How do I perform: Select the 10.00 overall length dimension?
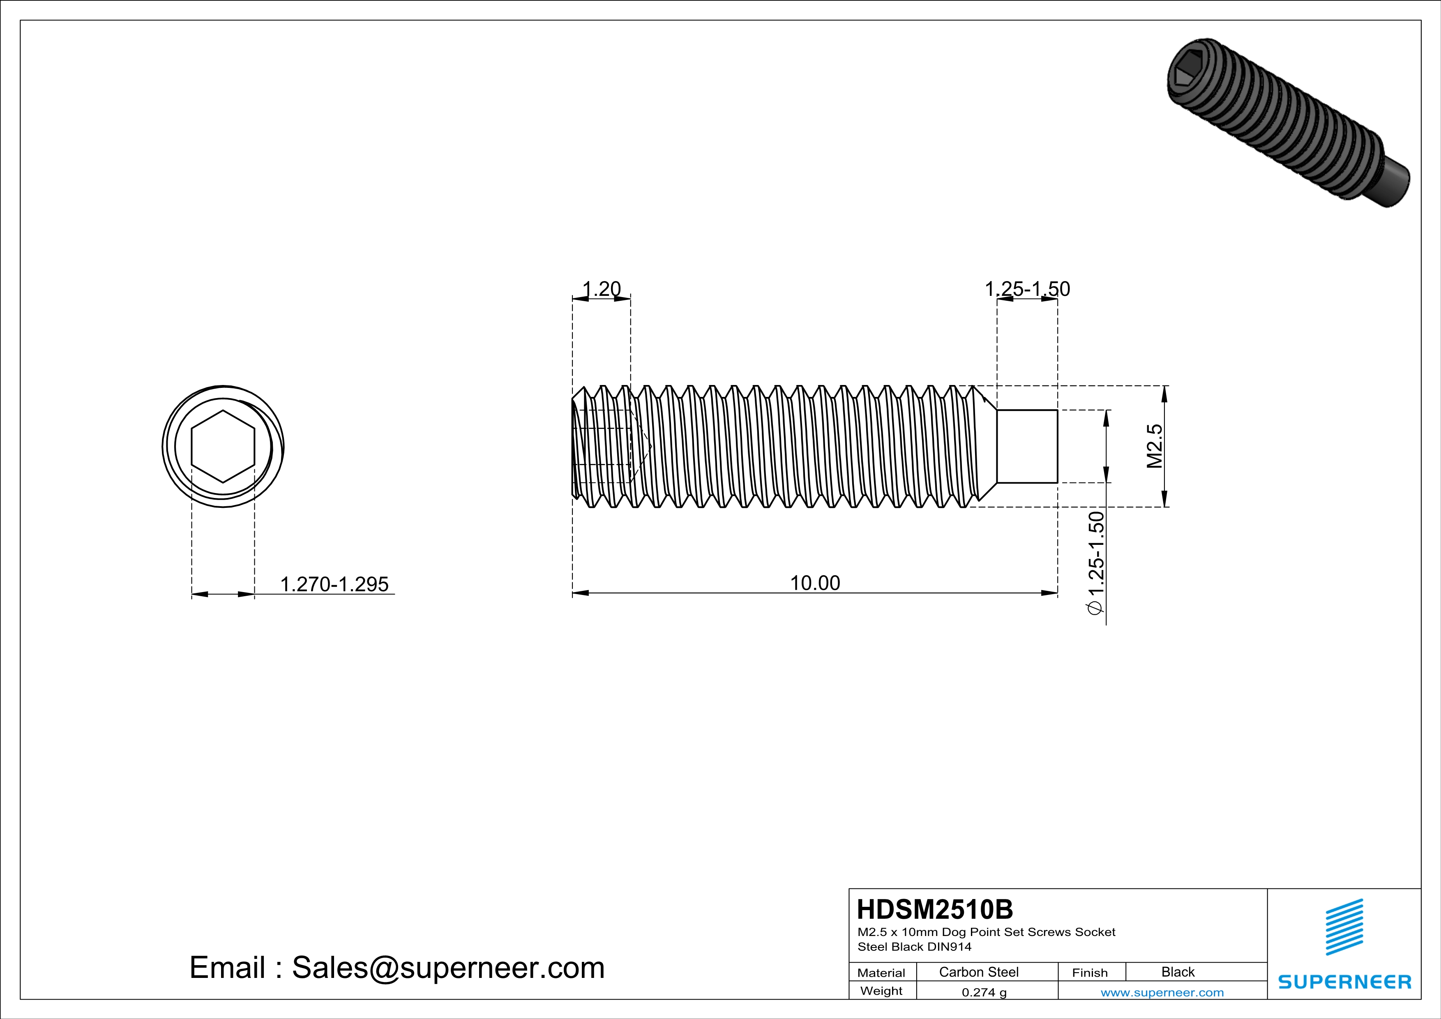click(815, 583)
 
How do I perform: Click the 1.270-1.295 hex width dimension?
click(334, 584)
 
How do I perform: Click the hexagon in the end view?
click(223, 446)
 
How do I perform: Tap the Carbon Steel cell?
click(978, 972)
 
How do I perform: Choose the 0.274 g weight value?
click(983, 992)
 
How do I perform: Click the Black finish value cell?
click(1177, 972)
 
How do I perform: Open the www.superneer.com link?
click(1162, 992)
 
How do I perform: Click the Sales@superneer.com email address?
click(448, 968)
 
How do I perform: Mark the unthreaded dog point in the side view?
click(1027, 446)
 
